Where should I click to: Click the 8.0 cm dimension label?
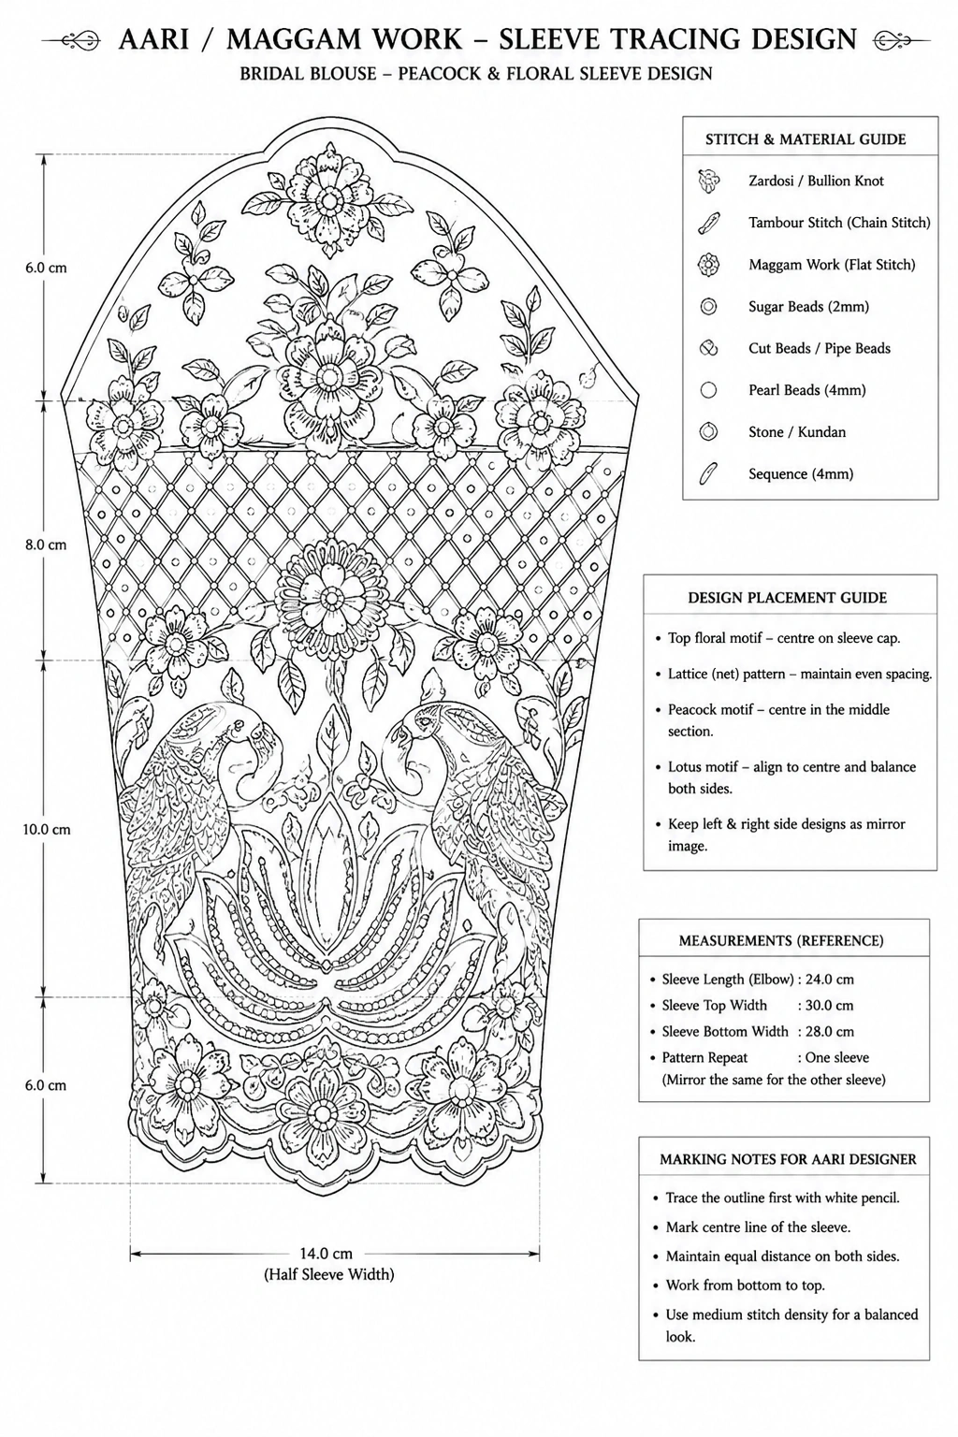[46, 544]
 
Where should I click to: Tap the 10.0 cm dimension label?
[47, 830]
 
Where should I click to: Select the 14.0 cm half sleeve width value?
[327, 1253]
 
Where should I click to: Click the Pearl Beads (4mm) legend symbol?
[708, 390]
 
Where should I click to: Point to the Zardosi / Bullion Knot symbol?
[708, 181]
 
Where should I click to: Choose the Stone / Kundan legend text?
[797, 431]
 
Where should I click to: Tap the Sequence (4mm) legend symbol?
[708, 474]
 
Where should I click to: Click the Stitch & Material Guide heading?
[806, 139]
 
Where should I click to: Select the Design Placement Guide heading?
[788, 598]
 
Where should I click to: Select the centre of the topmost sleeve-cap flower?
[329, 200]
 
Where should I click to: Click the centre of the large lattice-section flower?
[331, 599]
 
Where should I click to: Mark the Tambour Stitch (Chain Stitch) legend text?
[839, 223]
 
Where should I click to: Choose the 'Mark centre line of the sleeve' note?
[759, 1227]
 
